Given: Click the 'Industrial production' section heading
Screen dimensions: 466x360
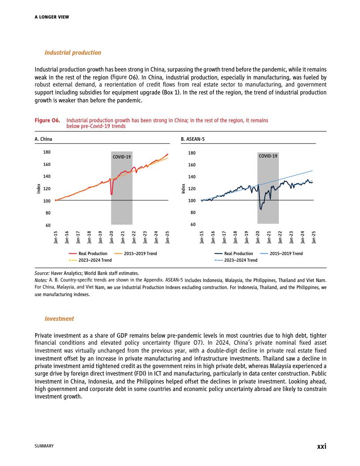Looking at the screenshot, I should click(73, 53).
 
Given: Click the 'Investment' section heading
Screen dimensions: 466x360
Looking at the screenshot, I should click(59, 319).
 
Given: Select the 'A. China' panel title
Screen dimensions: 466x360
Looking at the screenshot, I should click(43, 139).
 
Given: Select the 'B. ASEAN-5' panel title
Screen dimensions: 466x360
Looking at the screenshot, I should click(193, 139).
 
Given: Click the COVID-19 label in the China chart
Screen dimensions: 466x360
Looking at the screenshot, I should click(122, 156).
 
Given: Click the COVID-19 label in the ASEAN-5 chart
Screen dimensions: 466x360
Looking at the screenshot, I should click(268, 156).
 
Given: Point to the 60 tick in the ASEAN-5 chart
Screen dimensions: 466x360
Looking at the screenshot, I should click(192, 225).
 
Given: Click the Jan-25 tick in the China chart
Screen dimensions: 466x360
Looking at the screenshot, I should click(168, 237).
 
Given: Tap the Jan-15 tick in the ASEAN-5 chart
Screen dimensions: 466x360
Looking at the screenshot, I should click(202, 237).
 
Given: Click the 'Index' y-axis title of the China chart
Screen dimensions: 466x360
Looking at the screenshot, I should click(39, 189).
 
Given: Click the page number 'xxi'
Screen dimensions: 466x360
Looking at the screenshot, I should click(322, 446).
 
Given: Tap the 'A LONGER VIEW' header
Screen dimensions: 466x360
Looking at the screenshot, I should click(52, 17).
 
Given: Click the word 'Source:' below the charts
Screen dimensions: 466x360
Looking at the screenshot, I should click(42, 274).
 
